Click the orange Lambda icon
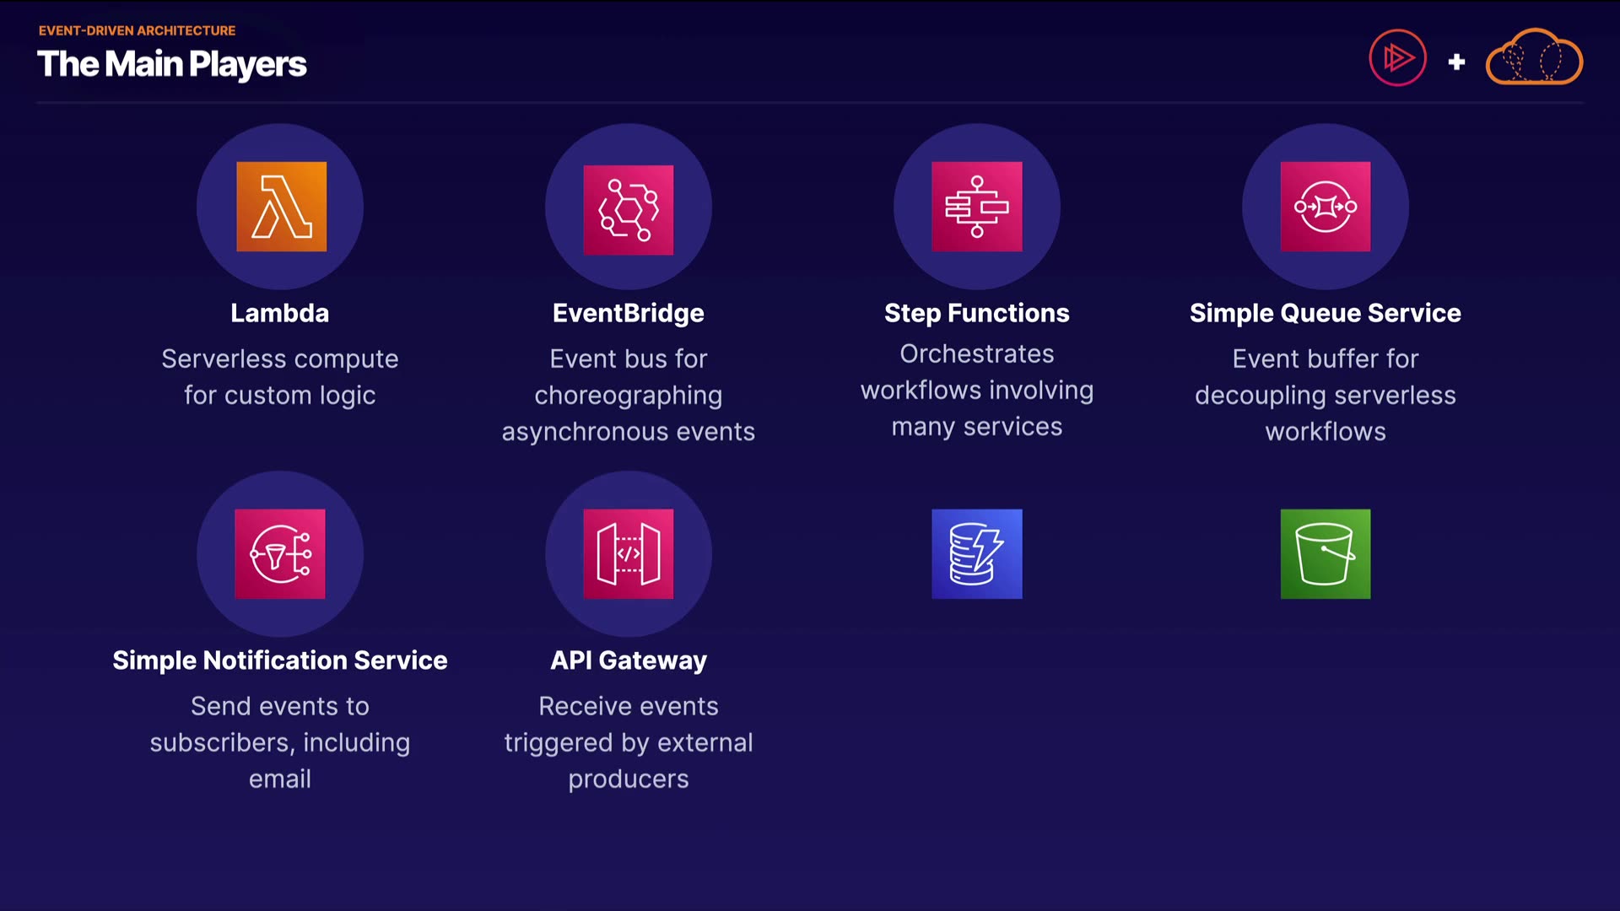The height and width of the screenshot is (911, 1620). tap(281, 207)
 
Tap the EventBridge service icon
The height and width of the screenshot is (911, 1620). tap(629, 209)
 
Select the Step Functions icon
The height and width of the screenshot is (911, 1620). tap(977, 207)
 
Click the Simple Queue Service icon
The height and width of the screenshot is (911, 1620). tap(1326, 207)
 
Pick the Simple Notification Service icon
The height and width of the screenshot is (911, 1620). tap(280, 554)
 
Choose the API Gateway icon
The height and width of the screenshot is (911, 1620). tap(629, 554)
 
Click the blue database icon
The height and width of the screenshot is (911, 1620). tap(977, 554)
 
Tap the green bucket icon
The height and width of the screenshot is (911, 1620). tap(1326, 554)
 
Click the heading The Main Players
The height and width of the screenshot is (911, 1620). tap(172, 65)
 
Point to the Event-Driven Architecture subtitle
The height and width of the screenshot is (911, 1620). tap(137, 30)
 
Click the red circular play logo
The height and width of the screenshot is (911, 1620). tap(1398, 58)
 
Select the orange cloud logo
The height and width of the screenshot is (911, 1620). tap(1534, 57)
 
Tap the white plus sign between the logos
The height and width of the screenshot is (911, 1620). tap(1456, 62)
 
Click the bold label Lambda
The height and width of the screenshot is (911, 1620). tap(280, 313)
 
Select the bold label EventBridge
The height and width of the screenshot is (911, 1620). tap(629, 314)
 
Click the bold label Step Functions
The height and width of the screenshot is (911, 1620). tap(977, 314)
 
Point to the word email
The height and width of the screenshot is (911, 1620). tap(280, 779)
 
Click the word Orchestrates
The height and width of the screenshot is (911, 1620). tap(977, 353)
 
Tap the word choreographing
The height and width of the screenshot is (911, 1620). tap(629, 396)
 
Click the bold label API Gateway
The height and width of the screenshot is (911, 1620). tap(629, 660)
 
